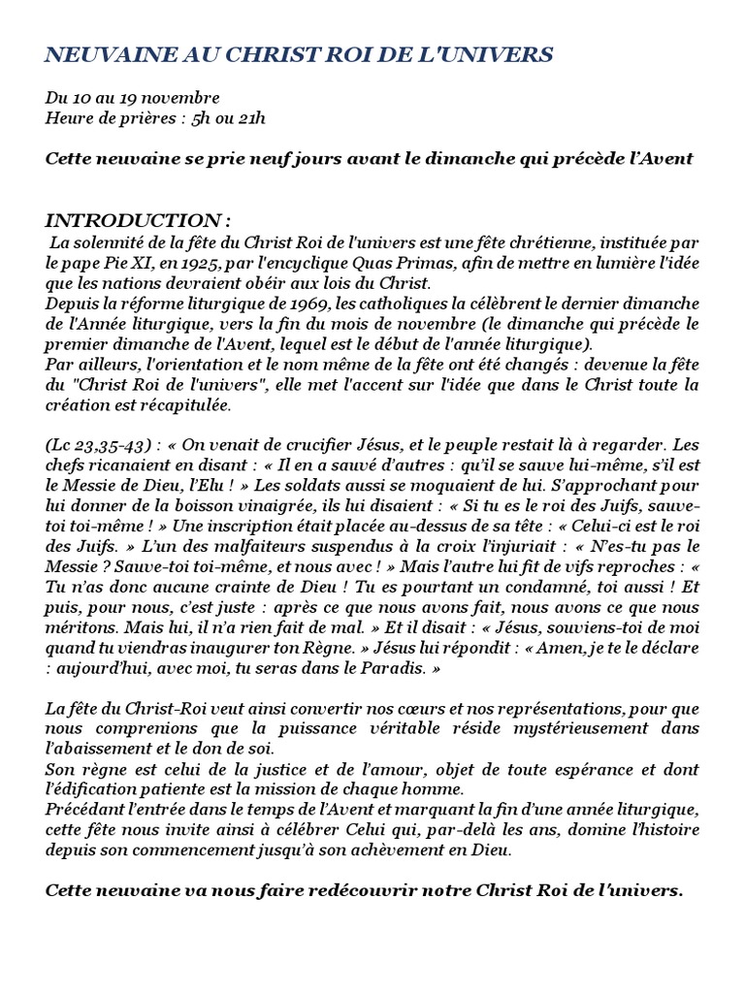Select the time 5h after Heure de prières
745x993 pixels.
(x=203, y=118)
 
